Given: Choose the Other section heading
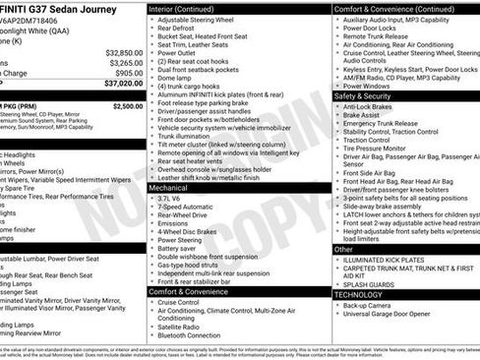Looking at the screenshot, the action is [344, 250].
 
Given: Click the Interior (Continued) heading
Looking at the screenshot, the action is [190, 8].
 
